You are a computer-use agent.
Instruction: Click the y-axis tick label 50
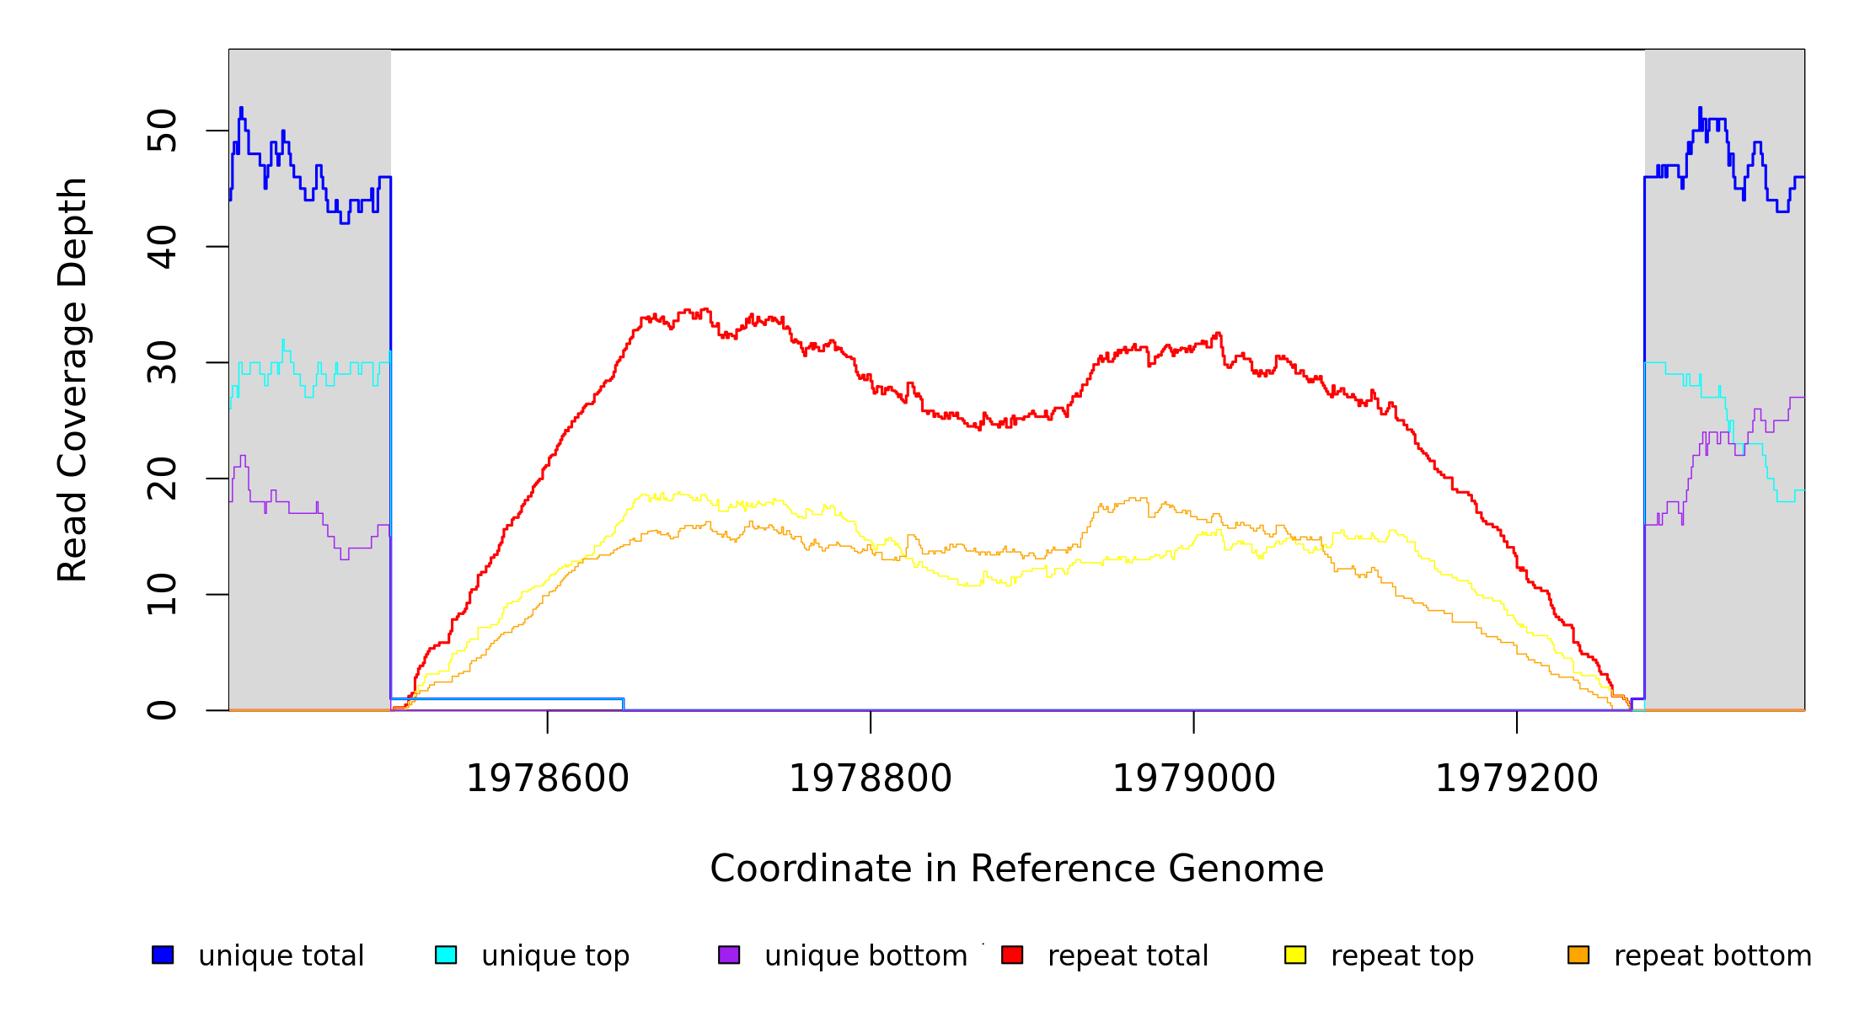coord(162,131)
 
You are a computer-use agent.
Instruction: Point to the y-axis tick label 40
coord(162,247)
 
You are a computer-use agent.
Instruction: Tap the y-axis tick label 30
coord(162,363)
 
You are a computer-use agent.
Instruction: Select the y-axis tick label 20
coord(162,479)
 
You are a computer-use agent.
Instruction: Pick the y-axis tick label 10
coord(162,595)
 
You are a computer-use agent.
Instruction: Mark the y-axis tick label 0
coord(162,710)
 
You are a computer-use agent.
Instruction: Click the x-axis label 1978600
coord(548,778)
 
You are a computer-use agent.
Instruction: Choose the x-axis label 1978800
coord(871,778)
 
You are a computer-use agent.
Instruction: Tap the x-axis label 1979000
coord(1193,778)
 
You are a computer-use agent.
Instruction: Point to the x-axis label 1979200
coord(1517,778)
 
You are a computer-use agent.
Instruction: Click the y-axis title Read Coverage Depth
coord(72,379)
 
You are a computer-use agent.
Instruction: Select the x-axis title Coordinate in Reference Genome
coord(1016,869)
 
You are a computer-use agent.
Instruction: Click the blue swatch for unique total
coord(163,955)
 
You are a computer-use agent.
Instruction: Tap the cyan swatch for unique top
coord(446,955)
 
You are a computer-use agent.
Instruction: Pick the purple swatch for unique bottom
coord(729,955)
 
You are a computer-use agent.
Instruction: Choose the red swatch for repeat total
coord(1012,955)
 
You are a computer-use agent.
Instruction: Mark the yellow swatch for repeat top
coord(1295,955)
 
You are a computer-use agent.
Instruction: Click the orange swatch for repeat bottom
coord(1578,955)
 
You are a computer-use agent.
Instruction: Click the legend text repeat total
coord(1128,956)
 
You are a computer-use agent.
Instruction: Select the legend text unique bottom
coord(865,956)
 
